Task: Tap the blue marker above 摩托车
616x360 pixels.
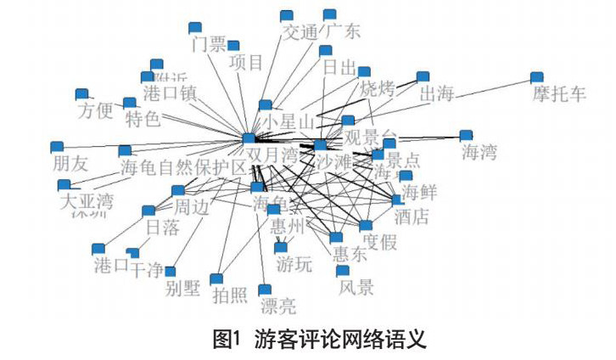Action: pyautogui.click(x=536, y=77)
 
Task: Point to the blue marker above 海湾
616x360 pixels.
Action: pyautogui.click(x=465, y=136)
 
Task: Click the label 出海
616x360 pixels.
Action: pyautogui.click(x=437, y=93)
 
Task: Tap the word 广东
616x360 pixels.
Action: pyautogui.click(x=341, y=33)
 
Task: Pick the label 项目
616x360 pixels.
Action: pyautogui.click(x=246, y=62)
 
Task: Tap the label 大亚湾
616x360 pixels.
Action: pyautogui.click(x=85, y=202)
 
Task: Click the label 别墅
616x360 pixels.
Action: pyautogui.click(x=182, y=287)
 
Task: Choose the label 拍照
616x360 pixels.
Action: pyautogui.click(x=230, y=295)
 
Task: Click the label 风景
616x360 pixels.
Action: pyautogui.click(x=356, y=287)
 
